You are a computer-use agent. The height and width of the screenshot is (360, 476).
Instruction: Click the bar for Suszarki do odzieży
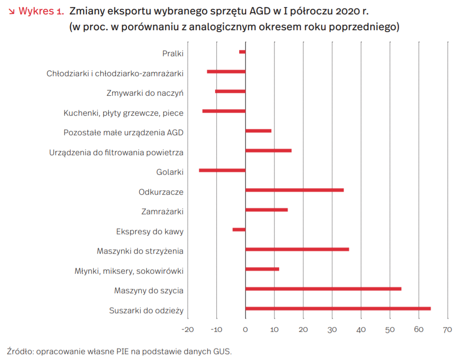pos(338,308)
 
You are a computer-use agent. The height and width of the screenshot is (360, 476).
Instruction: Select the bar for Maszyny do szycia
pos(323,289)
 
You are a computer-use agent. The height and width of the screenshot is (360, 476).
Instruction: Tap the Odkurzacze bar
pos(294,190)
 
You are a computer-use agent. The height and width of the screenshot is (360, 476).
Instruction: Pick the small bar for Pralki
pos(242,52)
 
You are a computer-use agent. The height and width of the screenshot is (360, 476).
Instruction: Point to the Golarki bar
pos(222,170)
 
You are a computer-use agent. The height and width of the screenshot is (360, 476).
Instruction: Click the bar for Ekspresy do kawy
pos(239,229)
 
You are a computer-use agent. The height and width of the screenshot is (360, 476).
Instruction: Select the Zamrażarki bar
pos(267,210)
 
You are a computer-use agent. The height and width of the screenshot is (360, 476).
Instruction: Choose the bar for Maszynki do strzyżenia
pos(297,249)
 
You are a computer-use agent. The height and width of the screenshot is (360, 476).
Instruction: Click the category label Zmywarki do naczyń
pos(145,93)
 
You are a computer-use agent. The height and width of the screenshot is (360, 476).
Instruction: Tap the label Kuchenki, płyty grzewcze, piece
pos(124,113)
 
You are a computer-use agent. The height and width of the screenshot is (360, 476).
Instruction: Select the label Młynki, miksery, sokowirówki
pos(129,271)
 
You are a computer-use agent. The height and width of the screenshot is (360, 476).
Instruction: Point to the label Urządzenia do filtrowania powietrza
pos(116,152)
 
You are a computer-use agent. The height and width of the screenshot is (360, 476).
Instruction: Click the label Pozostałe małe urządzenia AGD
pos(124,132)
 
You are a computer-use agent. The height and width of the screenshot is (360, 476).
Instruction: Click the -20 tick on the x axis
pos(188,329)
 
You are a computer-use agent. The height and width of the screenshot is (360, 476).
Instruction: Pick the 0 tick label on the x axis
pos(245,329)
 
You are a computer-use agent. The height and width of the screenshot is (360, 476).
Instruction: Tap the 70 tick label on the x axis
pos(447,329)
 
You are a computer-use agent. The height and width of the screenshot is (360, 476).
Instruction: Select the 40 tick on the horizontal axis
pos(361,329)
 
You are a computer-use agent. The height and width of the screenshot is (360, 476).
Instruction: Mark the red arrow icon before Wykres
pos(12,12)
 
